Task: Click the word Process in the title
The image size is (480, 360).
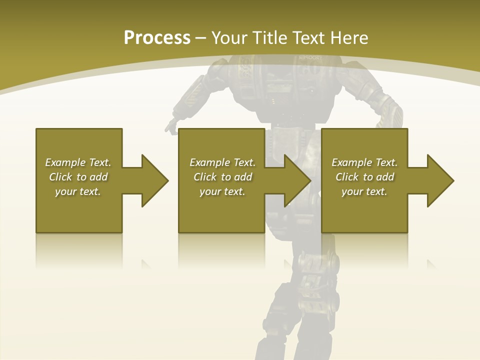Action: point(157,38)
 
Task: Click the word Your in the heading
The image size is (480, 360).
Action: point(229,38)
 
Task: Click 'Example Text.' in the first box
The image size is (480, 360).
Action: point(78,162)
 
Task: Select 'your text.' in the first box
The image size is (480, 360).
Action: point(78,191)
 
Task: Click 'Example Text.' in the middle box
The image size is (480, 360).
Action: point(222,162)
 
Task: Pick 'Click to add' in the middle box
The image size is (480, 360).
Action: point(222,177)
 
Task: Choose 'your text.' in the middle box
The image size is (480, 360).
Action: point(222,191)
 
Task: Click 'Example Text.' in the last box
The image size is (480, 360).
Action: point(364,162)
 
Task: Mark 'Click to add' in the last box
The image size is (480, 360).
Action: point(364,177)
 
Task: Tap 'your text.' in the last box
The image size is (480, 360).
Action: point(364,191)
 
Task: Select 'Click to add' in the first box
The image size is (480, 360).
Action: point(78,177)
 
